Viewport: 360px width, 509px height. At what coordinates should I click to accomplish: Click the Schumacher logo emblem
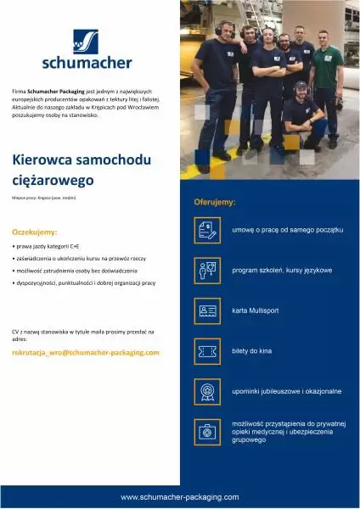[85, 42]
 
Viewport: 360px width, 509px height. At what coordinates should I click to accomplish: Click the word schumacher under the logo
[86, 62]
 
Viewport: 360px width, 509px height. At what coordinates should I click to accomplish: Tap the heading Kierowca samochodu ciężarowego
[65, 169]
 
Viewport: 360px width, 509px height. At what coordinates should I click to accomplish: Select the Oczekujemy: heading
[35, 231]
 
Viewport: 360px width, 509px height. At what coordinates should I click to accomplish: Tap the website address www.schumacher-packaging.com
[179, 496]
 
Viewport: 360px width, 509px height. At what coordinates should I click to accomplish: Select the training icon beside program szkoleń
[207, 271]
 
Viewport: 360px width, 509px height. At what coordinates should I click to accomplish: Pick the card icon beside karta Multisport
[207, 310]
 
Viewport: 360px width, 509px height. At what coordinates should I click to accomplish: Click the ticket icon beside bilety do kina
[207, 351]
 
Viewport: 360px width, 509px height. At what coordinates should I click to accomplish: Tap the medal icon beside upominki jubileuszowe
[207, 391]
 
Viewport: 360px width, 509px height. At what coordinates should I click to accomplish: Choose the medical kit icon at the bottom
[207, 432]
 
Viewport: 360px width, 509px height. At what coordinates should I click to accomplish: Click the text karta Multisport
[256, 310]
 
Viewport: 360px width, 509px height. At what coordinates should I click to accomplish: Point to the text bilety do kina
[252, 351]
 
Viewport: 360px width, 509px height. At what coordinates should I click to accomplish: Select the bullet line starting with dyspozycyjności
[84, 282]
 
